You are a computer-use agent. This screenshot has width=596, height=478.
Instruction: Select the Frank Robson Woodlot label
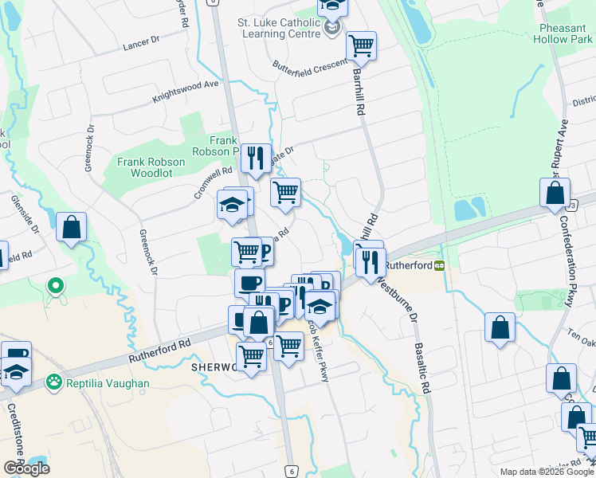[x=151, y=167]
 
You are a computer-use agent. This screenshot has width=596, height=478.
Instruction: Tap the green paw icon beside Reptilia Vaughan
[x=54, y=382]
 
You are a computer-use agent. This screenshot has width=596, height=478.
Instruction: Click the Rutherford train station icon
[x=439, y=264]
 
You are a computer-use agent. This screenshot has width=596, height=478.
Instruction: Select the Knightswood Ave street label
[x=186, y=91]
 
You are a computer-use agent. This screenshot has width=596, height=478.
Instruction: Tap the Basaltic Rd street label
[x=422, y=367]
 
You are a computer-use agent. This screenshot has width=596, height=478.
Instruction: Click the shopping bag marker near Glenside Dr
[x=72, y=227]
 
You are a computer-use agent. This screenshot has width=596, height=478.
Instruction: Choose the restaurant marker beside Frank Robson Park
[x=255, y=158]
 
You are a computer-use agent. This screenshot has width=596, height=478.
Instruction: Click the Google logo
[x=26, y=468]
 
